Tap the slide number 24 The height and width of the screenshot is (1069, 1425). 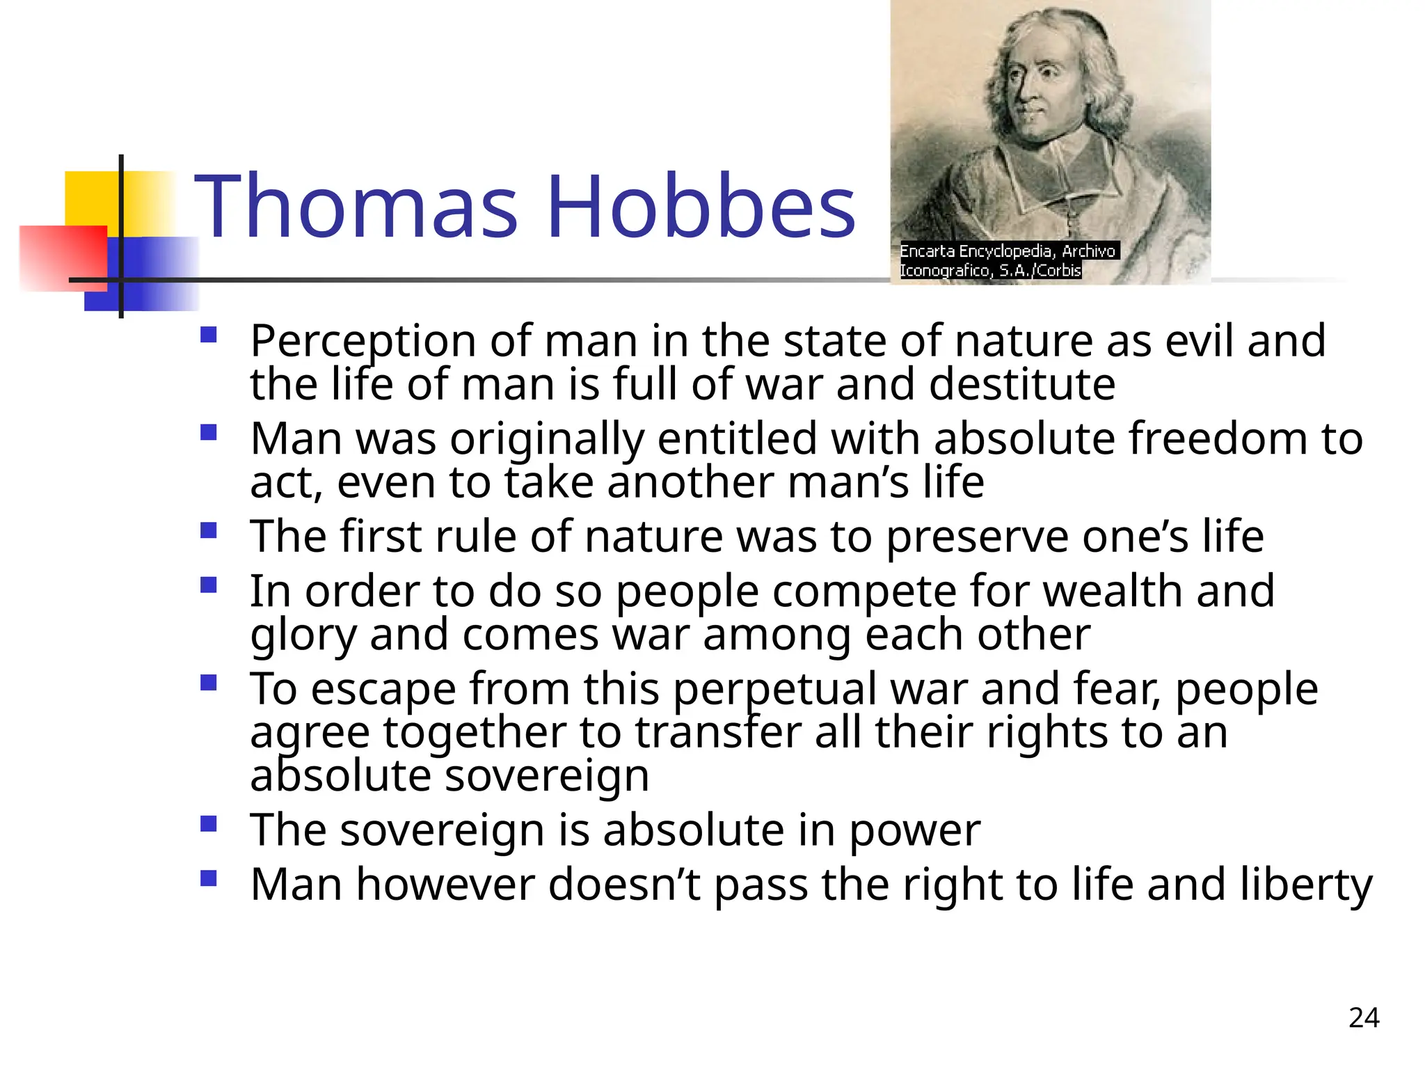tap(1364, 1018)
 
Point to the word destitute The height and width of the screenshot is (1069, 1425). tap(1022, 385)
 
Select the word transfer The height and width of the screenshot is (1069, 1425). tap(717, 733)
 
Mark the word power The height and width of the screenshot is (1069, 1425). tap(914, 831)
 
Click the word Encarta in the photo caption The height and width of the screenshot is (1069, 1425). tap(928, 251)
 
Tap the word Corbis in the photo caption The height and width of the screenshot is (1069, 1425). tap(1059, 270)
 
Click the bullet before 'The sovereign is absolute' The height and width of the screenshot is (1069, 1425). tap(208, 824)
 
